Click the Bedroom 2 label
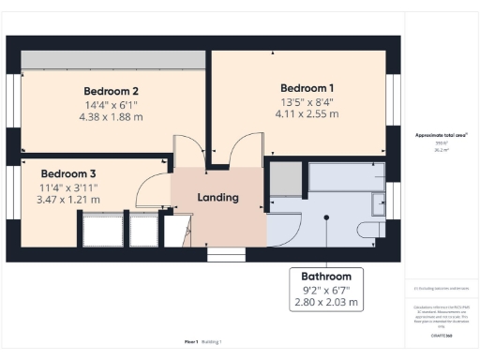point(111,91)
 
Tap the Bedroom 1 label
point(307,88)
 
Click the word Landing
point(217,198)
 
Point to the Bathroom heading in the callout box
point(325,277)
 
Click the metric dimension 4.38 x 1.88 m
point(111,117)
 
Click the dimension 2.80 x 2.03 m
point(325,303)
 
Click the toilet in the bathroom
point(367,229)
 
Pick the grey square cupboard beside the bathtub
point(287,177)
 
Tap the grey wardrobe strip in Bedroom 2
point(111,58)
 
